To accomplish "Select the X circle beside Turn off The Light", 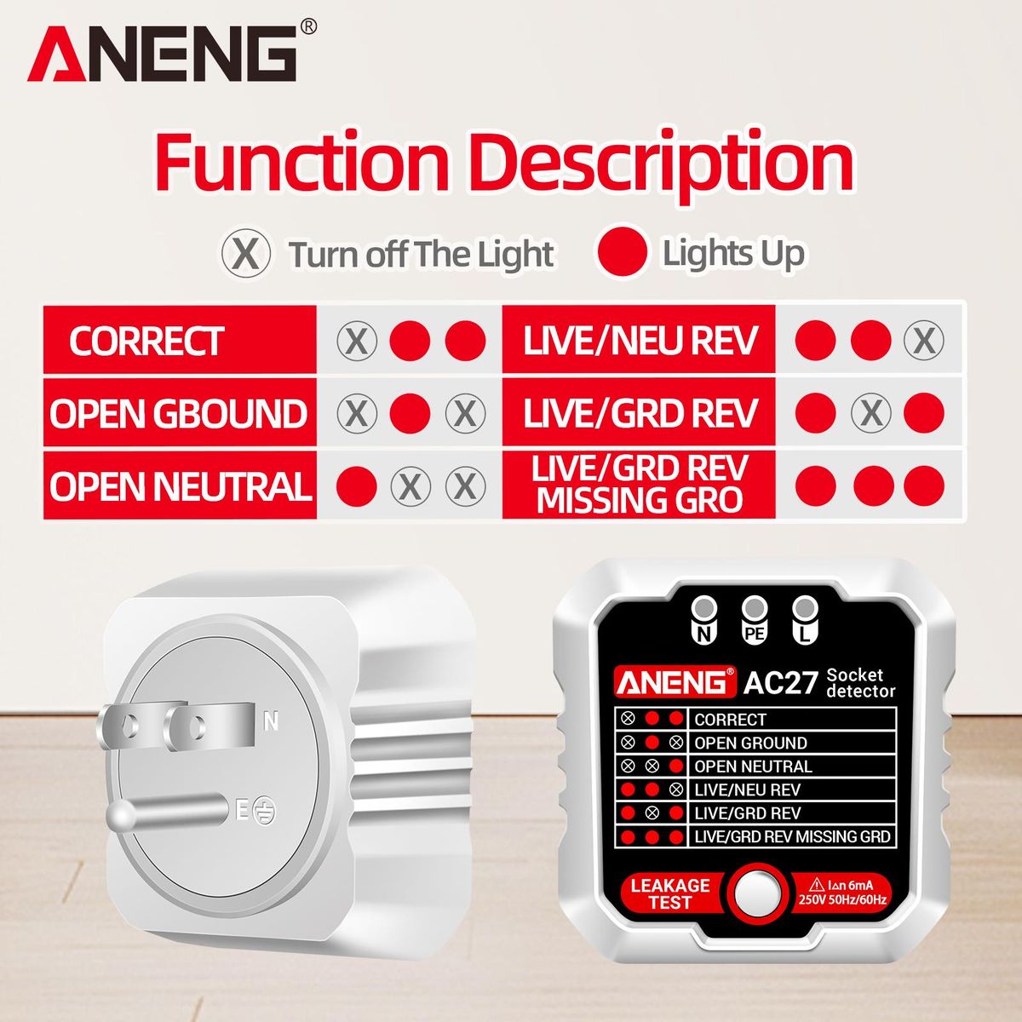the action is pyautogui.click(x=245, y=254).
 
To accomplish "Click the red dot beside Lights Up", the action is pyautogui.click(x=622, y=252).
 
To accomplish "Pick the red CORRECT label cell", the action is pyautogui.click(x=180, y=340).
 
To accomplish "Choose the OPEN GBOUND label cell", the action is pyautogui.click(x=180, y=412).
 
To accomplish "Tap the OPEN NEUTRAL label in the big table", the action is pyautogui.click(x=180, y=485).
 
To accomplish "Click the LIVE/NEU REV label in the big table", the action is pyautogui.click(x=639, y=340).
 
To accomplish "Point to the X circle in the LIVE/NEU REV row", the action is pyautogui.click(x=923, y=340).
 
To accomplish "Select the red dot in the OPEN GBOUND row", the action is pyautogui.click(x=410, y=413).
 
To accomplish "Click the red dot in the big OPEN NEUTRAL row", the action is pyautogui.click(x=357, y=485).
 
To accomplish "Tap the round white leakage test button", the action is pyautogui.click(x=754, y=893).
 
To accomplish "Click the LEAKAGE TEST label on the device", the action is pyautogui.click(x=670, y=893).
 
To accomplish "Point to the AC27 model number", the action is pyautogui.click(x=780, y=682).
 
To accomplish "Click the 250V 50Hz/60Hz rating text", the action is pyautogui.click(x=843, y=899).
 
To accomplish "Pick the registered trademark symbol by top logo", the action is pyautogui.click(x=308, y=26).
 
